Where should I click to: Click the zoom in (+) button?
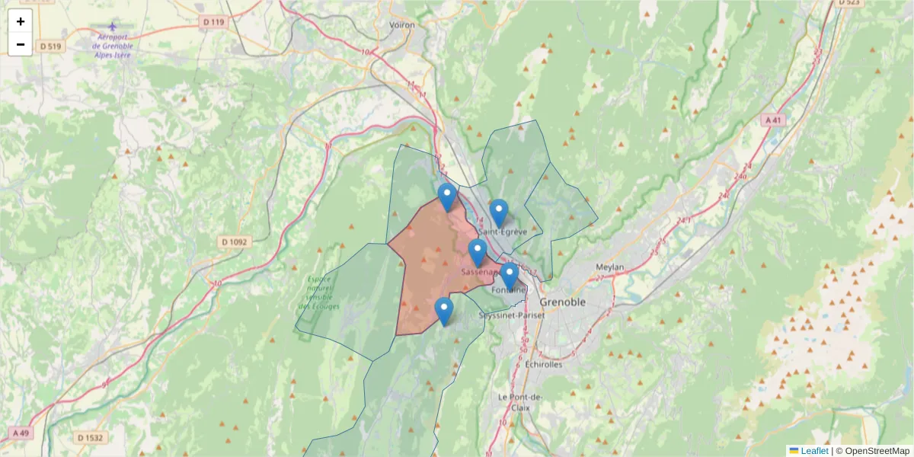21,21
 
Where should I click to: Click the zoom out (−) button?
21,44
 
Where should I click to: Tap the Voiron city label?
402,25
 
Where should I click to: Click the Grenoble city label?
563,302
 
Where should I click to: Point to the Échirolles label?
544,364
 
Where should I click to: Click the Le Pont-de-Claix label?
519,402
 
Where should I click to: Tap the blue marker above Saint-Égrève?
498,213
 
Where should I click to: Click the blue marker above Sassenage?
478,252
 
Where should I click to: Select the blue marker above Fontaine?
510,276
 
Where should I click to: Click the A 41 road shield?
772,120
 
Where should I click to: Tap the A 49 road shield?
21,433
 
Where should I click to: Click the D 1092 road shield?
235,242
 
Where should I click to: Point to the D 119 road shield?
214,22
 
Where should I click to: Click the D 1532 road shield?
90,438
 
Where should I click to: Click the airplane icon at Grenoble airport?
113,27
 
